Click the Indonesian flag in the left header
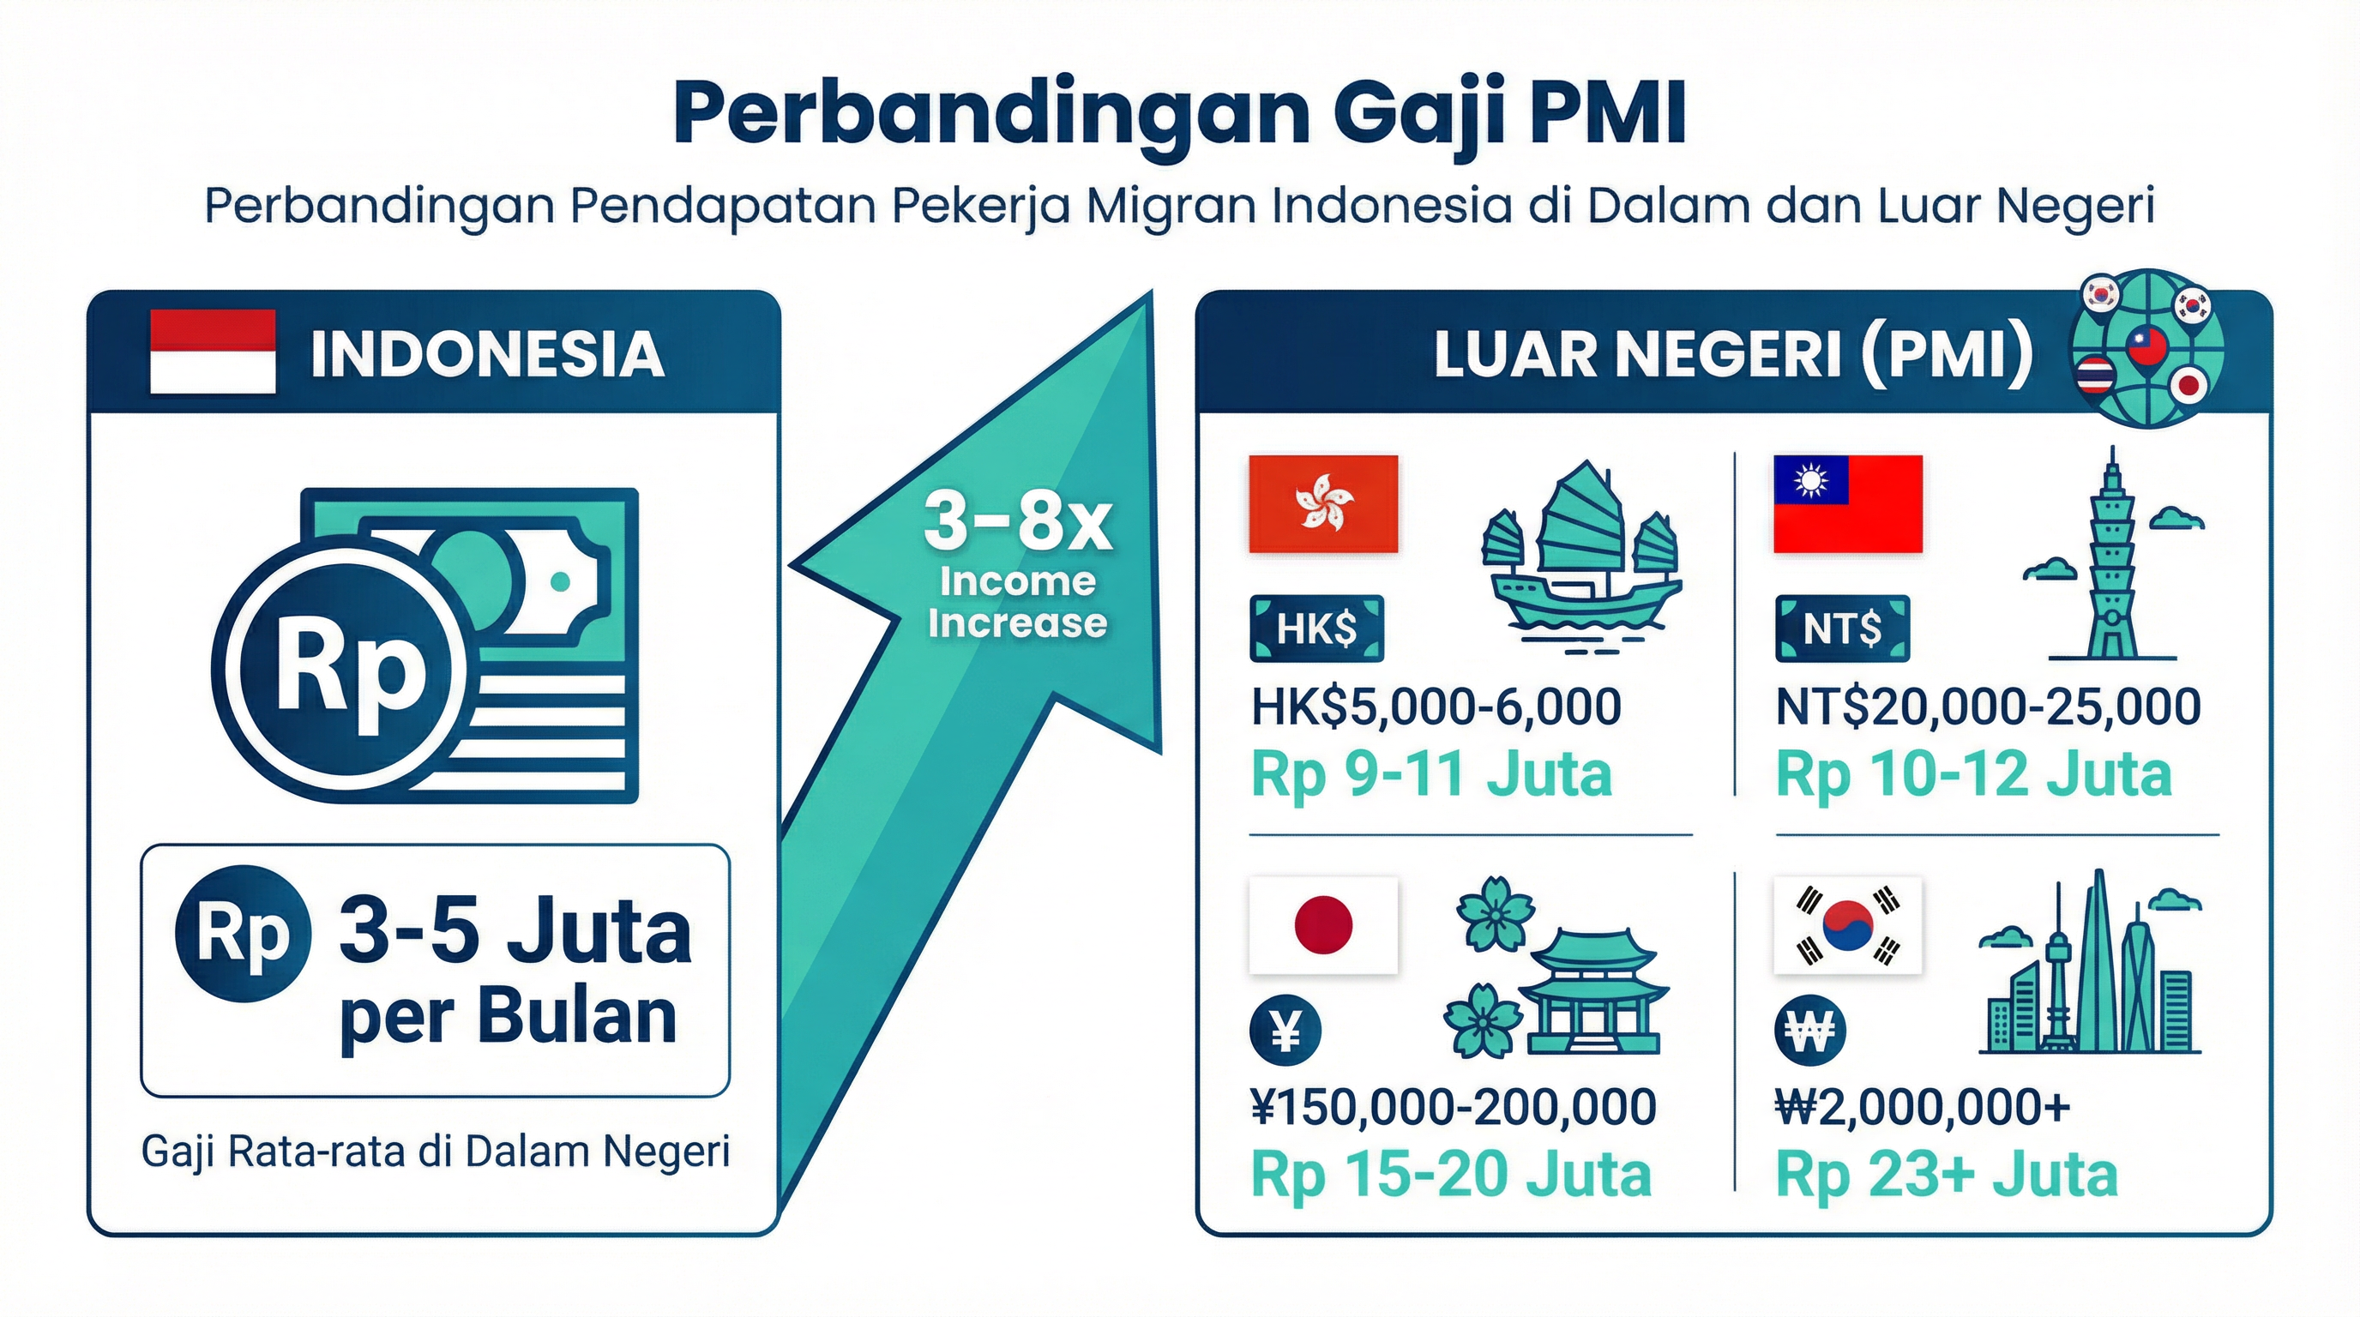coord(213,352)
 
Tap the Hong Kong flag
coord(1323,503)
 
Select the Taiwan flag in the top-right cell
coord(1847,503)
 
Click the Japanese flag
coord(1323,925)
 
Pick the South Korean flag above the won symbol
coord(1847,925)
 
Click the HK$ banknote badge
coord(1315,628)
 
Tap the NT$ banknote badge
coord(1841,628)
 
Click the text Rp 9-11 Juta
coord(1430,775)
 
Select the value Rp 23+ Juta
coord(1946,1175)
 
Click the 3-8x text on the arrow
coord(1017,524)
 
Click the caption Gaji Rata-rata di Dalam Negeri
coord(435,1152)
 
